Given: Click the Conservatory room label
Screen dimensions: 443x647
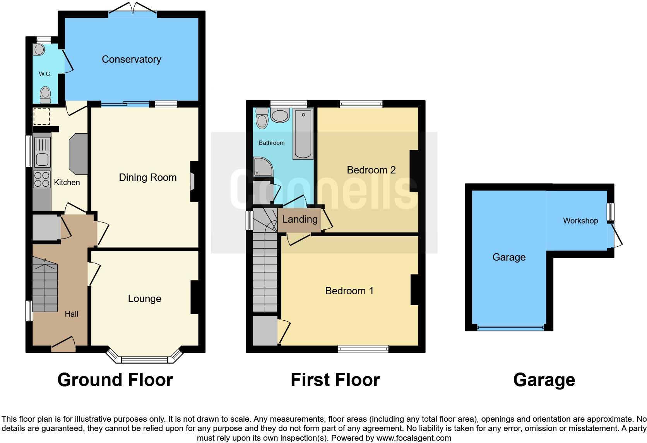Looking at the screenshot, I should click(131, 59).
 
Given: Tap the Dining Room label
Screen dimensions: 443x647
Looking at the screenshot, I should click(147, 177).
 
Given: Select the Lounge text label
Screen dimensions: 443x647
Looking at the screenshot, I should click(144, 299).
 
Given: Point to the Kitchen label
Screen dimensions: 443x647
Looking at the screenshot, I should click(67, 182).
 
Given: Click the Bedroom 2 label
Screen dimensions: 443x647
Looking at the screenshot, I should click(371, 170).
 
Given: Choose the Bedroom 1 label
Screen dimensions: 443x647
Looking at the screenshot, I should click(349, 291).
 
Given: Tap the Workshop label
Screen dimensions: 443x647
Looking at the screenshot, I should click(580, 221).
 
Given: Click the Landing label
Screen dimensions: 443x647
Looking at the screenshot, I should click(300, 220).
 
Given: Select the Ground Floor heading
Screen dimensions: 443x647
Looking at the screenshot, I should click(115, 380).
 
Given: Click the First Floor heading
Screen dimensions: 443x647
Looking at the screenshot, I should click(335, 380).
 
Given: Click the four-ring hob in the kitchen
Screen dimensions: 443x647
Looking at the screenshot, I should click(42, 179).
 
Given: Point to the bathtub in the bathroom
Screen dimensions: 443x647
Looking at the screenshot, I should click(303, 134).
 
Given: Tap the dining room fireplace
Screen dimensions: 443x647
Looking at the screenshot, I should click(193, 181).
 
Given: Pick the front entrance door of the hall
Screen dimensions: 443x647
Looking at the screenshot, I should click(63, 345).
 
